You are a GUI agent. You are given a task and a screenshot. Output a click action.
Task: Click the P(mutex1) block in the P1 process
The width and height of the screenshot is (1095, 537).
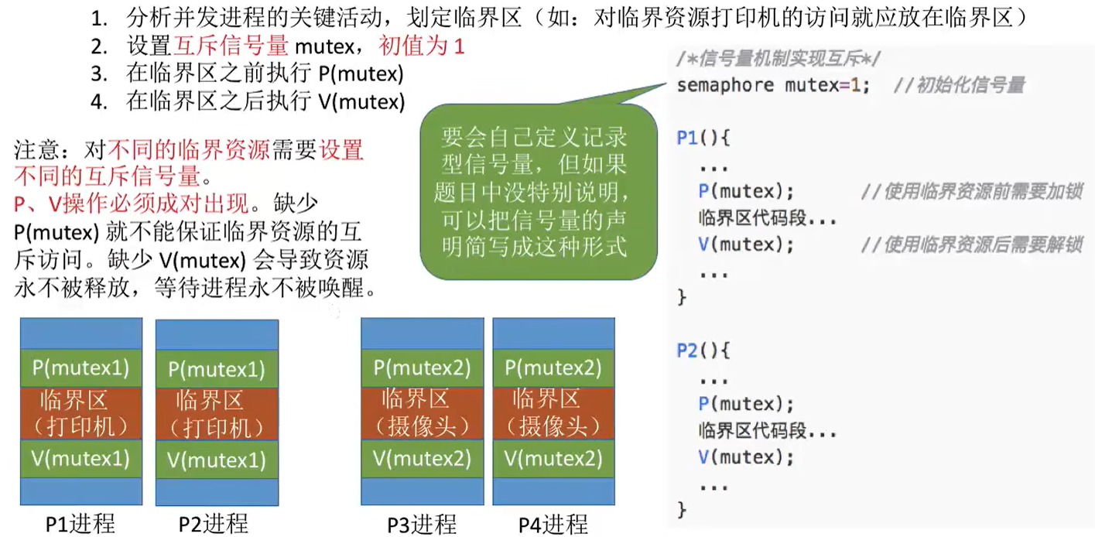pos(80,368)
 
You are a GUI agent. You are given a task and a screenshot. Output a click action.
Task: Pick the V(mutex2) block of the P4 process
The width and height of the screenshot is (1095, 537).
pos(553,459)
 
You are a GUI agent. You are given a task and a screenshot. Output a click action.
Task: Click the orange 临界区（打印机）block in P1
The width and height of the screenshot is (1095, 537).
pos(80,412)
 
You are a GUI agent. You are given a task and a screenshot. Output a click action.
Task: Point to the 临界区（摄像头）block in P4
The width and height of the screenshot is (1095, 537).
pos(553,412)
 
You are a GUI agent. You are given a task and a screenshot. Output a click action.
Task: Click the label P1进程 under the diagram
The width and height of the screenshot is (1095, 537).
pos(80,524)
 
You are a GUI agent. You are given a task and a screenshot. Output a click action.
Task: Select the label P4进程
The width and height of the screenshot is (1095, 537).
pos(553,524)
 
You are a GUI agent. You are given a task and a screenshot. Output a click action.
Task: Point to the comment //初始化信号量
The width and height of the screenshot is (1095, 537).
pos(959,84)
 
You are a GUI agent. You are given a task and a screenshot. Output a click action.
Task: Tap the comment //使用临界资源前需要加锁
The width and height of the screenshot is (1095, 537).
pos(971,192)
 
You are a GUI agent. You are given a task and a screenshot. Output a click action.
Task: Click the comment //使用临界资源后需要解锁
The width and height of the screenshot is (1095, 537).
pos(971,245)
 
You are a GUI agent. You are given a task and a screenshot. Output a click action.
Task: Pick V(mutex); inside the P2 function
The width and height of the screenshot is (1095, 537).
pos(746,457)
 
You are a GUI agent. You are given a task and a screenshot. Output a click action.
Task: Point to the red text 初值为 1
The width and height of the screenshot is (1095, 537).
pos(422,46)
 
